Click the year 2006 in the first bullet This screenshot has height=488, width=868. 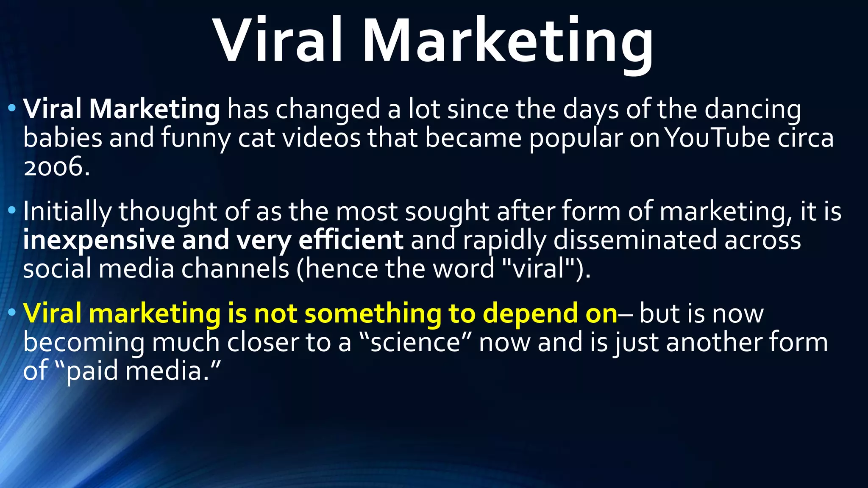coord(56,167)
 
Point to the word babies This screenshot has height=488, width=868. coord(63,138)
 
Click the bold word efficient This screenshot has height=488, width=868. coord(351,240)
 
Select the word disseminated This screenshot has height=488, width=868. coord(635,240)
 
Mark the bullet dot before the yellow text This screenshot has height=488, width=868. coord(12,313)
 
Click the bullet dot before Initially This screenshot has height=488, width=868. coord(12,210)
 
